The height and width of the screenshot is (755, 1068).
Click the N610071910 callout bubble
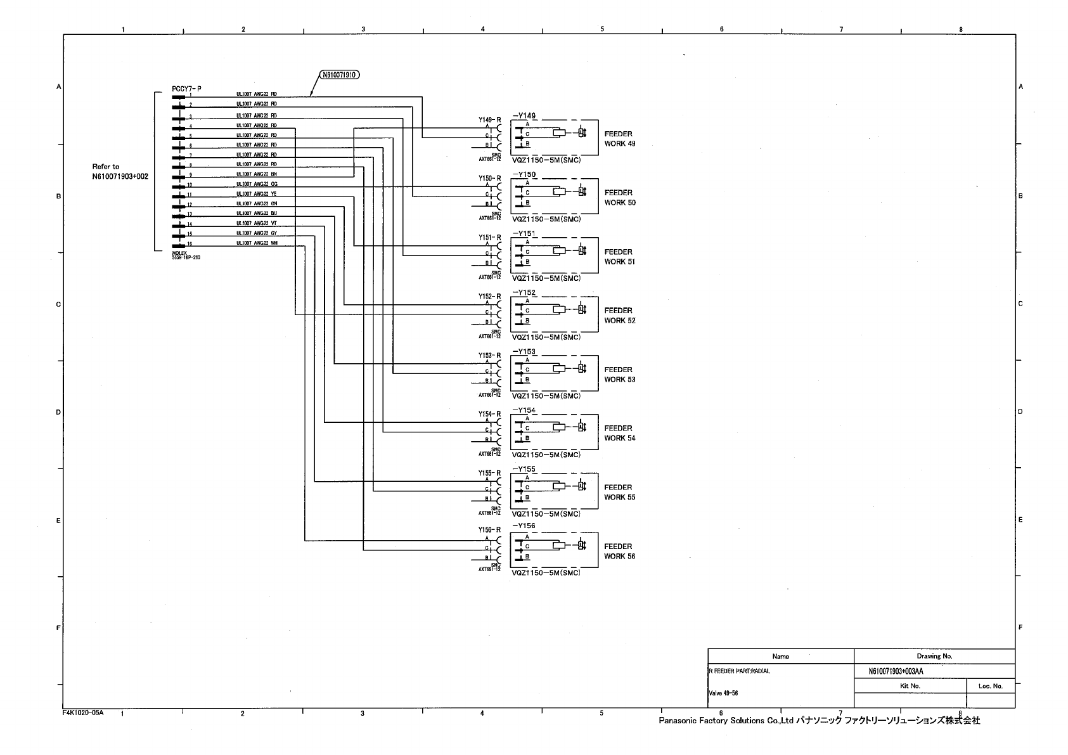[338, 75]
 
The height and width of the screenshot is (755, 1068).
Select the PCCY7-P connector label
[186, 89]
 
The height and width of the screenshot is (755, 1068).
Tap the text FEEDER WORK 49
[619, 139]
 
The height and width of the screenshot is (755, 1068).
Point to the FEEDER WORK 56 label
[619, 552]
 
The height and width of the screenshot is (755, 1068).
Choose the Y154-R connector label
[490, 414]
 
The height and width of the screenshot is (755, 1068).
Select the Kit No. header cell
[910, 686]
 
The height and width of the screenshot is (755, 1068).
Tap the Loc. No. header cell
[990, 686]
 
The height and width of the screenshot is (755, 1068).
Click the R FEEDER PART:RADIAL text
[739, 671]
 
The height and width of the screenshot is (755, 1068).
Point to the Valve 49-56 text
[723, 694]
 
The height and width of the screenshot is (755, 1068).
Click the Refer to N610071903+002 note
[120, 172]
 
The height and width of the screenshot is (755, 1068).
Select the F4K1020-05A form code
[83, 713]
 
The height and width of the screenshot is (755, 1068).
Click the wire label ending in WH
[257, 243]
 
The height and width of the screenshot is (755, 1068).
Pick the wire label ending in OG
[257, 184]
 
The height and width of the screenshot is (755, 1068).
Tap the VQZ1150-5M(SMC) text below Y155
[546, 514]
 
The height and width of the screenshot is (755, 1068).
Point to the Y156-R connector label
[490, 530]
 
